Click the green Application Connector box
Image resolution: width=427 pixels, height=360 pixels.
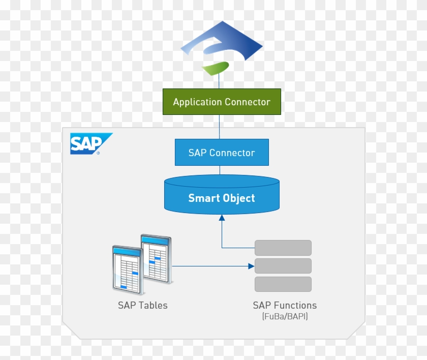(221, 102)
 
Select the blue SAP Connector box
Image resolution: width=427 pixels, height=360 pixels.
(221, 153)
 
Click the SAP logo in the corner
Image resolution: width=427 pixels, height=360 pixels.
(89, 144)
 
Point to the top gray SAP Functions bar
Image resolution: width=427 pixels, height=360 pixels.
(283, 248)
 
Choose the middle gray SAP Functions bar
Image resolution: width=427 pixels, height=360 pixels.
(283, 266)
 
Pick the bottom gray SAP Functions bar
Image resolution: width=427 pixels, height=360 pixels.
(283, 284)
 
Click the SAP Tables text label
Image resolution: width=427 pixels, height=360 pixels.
(142, 306)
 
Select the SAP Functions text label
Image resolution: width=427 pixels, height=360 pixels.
(285, 306)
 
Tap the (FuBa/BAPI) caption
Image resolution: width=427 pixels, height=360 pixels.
(285, 317)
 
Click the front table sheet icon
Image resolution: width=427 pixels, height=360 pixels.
(127, 269)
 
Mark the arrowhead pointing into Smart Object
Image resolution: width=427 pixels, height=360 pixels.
(222, 218)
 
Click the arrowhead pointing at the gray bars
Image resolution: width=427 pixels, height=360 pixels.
(251, 266)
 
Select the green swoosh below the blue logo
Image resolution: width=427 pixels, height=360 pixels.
(216, 68)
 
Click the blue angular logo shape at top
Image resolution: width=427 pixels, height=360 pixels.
(224, 43)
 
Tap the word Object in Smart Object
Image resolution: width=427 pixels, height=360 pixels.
(238, 198)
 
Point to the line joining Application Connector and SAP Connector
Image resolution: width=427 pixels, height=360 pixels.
(220, 127)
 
